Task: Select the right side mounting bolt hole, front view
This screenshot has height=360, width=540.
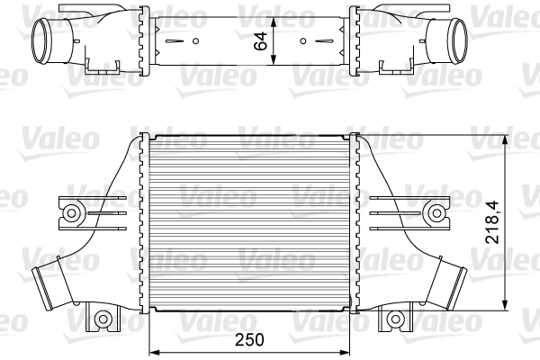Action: tap(436, 212)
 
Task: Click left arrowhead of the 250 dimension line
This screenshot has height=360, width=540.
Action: tap(152, 350)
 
